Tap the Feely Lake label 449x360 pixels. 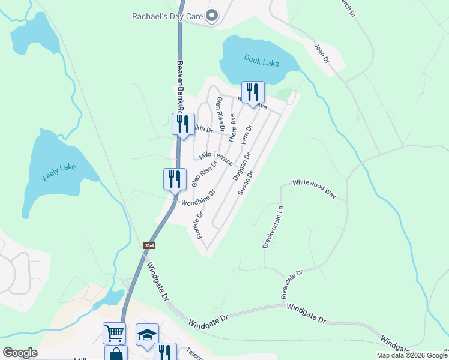point(59,172)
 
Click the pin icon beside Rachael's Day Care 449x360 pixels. point(211,16)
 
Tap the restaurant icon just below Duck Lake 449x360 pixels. point(253,92)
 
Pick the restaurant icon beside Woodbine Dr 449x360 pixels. point(175,179)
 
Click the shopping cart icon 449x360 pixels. point(114,333)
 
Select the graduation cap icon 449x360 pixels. point(147,335)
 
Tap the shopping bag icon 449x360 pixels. point(116,354)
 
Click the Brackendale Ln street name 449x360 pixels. point(268,228)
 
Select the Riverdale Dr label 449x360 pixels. point(292,283)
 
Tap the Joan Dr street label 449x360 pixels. point(322,52)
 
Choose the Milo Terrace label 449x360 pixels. point(216,157)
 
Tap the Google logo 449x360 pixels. point(20,353)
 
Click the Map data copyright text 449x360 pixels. point(411,355)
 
